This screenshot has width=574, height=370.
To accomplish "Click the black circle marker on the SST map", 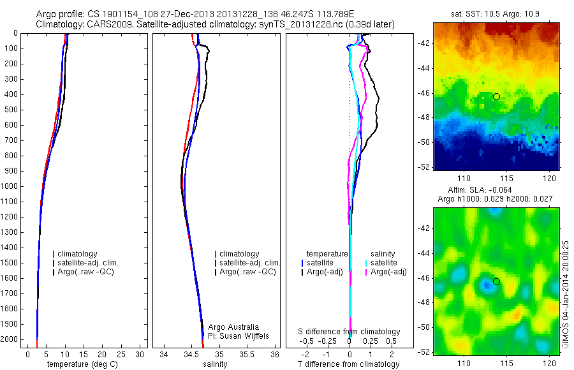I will [x=496, y=96].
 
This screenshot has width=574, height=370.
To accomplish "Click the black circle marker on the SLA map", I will [x=496, y=281].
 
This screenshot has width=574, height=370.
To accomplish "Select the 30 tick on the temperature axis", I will [x=140, y=354].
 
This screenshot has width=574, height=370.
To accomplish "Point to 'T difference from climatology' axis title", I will [x=348, y=364].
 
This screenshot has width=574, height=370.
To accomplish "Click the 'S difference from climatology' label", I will [x=350, y=332].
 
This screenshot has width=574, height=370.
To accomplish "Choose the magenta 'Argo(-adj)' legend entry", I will [x=388, y=272].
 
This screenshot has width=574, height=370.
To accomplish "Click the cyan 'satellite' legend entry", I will [x=383, y=263].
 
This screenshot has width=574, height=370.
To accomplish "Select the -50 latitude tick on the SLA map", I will [x=424, y=327].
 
